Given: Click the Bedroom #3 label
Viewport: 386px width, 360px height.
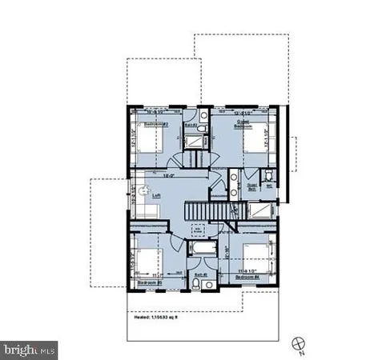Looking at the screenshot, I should click(150, 282).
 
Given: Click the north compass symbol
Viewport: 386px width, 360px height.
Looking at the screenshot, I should click(300, 343).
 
